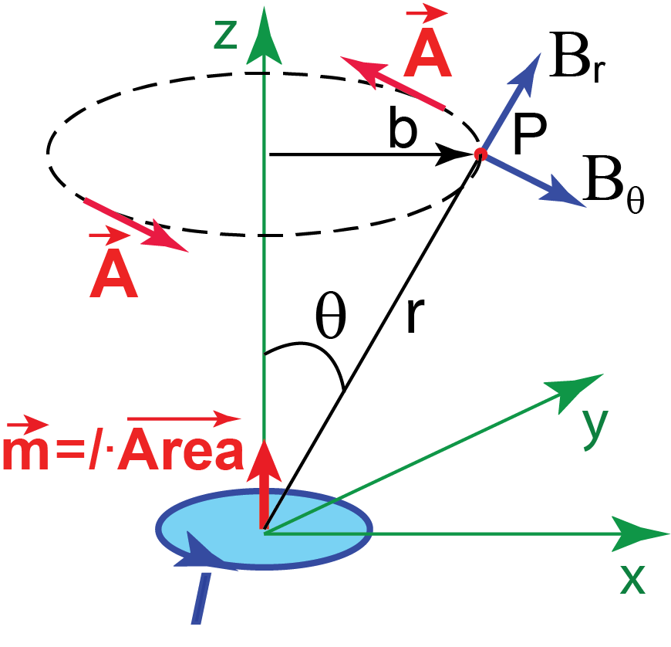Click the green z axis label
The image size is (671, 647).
[225, 36]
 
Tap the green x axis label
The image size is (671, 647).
[632, 581]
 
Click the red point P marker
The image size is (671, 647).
[479, 155]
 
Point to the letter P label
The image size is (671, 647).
[528, 139]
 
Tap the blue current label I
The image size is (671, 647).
[200, 599]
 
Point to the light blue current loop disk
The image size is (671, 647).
[324, 533]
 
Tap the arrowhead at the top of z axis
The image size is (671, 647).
[264, 35]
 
